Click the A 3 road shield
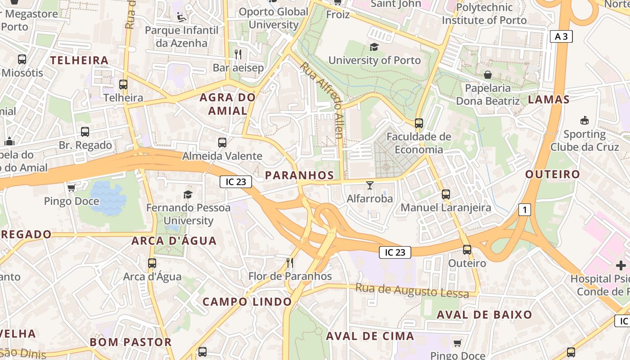click(561, 36)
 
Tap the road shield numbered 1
click(524, 209)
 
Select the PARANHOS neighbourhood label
click(299, 175)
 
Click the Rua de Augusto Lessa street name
click(412, 290)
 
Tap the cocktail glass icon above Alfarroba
click(370, 185)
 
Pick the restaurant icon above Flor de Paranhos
click(290, 262)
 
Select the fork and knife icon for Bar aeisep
click(238, 54)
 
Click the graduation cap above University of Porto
click(374, 47)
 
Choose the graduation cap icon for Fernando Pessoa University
click(188, 194)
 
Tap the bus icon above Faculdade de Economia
click(419, 123)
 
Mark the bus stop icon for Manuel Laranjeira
click(445, 194)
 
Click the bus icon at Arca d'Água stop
click(152, 263)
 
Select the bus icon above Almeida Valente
click(222, 143)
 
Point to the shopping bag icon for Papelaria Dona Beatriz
click(488, 75)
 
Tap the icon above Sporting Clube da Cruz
click(584, 120)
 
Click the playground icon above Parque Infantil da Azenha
click(181, 17)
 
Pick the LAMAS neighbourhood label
click(549, 99)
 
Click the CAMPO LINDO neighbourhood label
click(247, 301)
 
